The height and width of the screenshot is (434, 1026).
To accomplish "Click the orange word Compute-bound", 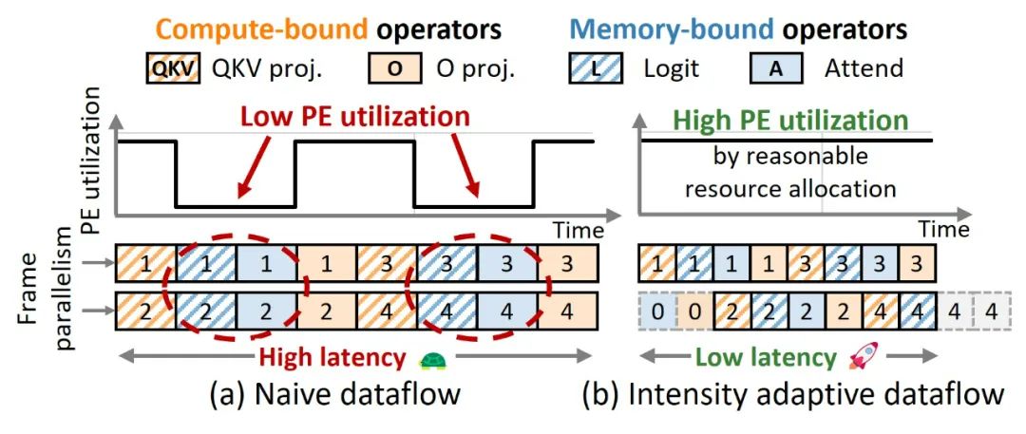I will click(261, 28).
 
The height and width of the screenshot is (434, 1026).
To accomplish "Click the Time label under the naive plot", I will click(579, 231).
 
